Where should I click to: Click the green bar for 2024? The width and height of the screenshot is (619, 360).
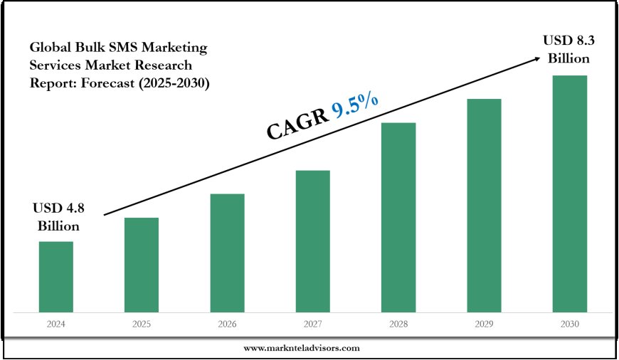[55, 276]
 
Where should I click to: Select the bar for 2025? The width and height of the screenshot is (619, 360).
[142, 264]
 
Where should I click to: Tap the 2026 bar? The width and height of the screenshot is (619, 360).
[227, 252]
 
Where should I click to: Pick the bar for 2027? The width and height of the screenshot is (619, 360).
[313, 240]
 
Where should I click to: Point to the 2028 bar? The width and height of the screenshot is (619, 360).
[398, 216]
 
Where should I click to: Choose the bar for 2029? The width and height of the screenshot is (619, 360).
[485, 205]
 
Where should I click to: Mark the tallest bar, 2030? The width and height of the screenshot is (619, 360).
[570, 193]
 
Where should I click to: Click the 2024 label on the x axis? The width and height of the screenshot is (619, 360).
[55, 324]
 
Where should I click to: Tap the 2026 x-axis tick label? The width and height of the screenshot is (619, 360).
[227, 324]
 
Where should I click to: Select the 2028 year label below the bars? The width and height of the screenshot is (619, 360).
[398, 324]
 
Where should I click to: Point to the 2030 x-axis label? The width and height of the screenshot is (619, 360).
[570, 324]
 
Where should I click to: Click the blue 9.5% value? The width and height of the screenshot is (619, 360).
[354, 108]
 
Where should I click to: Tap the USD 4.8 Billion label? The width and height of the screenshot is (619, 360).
[55, 217]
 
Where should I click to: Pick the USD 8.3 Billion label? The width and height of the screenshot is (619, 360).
[568, 48]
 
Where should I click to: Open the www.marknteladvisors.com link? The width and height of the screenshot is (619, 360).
[302, 348]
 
